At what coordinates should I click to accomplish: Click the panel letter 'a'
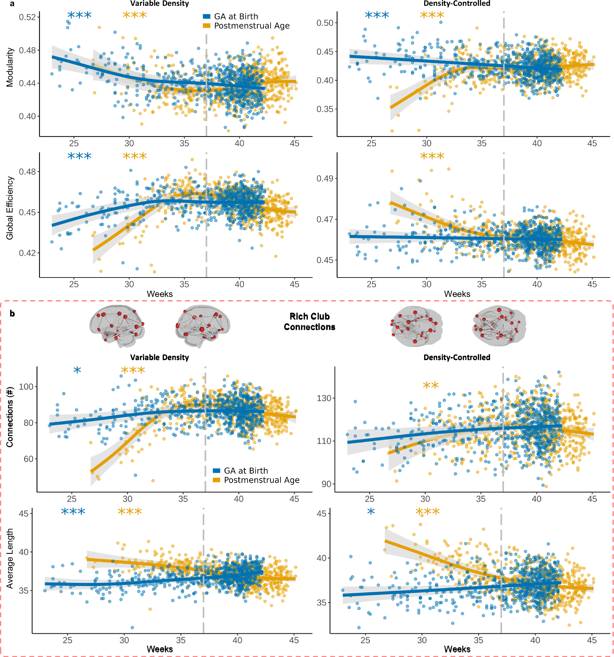12,4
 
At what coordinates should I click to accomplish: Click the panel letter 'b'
12,313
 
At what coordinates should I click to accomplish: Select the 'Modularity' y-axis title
10,67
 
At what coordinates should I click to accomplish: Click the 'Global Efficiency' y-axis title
10,208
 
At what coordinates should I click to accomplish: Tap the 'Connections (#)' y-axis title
10,417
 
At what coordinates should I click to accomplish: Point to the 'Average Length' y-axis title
10,558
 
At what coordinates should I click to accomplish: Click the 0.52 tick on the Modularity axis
27,17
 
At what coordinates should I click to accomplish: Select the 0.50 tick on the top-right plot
325,23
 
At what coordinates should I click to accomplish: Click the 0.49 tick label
325,178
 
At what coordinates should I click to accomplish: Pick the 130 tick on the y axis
324,398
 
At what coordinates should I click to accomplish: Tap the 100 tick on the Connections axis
26,386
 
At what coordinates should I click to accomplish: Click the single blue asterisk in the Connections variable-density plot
77,370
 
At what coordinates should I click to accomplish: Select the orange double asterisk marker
431,385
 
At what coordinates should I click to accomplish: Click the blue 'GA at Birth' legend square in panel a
207,17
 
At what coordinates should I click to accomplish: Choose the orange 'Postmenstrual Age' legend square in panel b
217,480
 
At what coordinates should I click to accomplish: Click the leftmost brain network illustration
117,325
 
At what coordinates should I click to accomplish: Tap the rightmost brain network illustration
499,325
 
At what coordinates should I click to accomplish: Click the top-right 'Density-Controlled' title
457,4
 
